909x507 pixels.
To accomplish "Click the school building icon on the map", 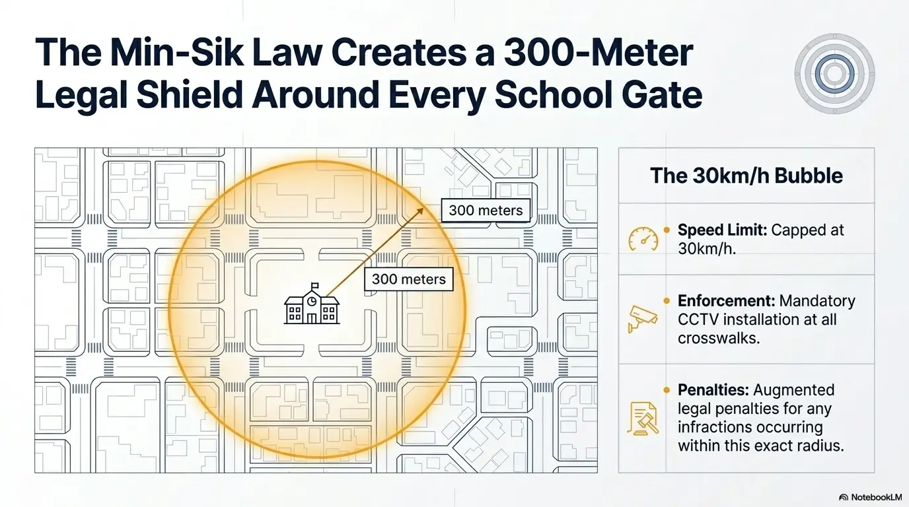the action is pyautogui.click(x=312, y=304).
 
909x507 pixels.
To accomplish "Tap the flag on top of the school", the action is pyautogui.click(x=314, y=287).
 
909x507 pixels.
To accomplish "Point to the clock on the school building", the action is pyautogui.click(x=312, y=301).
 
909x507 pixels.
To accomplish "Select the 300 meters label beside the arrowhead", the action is pyautogui.click(x=486, y=211).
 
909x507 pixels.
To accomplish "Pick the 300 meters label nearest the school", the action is pyautogui.click(x=409, y=279).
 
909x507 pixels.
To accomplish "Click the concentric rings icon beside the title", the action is pyautogui.click(x=834, y=73).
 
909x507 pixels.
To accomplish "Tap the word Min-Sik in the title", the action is pyautogui.click(x=177, y=53).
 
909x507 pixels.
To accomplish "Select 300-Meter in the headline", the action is pyautogui.click(x=599, y=53).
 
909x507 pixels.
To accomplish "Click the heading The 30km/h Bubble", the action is pyautogui.click(x=746, y=176).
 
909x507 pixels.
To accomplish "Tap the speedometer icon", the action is pyautogui.click(x=643, y=239).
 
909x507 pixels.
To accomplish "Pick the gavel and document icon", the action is pyautogui.click(x=643, y=419).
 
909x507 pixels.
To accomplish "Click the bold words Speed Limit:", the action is pyautogui.click(x=722, y=230).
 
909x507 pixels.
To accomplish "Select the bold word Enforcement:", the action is pyautogui.click(x=727, y=301).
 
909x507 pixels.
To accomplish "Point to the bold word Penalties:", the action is pyautogui.click(x=713, y=389).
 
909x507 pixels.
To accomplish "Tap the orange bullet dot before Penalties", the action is pyautogui.click(x=667, y=390).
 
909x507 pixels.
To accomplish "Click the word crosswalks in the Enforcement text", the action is pyautogui.click(x=719, y=338).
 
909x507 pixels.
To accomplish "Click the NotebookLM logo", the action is pyautogui.click(x=871, y=497).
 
